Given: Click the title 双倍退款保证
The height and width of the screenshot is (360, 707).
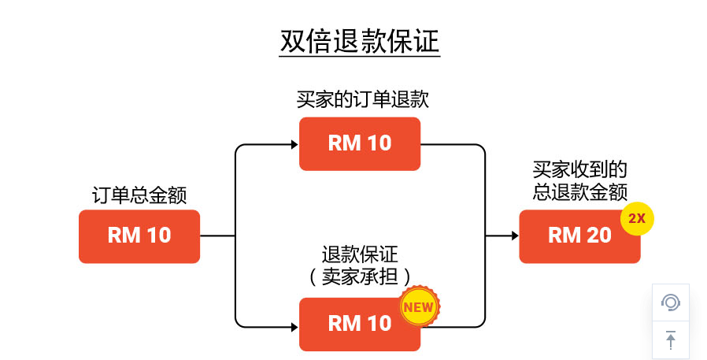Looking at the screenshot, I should coord(360,42).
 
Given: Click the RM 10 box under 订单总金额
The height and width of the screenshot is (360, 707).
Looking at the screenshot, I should coord(139,236).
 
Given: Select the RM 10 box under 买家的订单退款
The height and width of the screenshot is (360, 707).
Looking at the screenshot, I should coord(360,143).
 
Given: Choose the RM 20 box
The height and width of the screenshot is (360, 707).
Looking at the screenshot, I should coord(579,236).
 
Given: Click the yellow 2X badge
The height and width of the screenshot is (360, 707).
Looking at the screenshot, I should coord(637,219).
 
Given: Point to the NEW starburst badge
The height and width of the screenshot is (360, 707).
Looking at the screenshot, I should coord(419,307).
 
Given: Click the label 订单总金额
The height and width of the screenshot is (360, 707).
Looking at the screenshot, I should coord(139,195).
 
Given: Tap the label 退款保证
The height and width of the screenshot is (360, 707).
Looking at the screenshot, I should coord(360,255).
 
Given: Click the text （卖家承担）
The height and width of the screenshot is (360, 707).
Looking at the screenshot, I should coord(360,276).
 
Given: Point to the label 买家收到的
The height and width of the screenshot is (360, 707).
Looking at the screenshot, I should coord(579,170).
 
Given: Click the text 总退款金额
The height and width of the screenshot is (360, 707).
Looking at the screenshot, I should coord(579,191).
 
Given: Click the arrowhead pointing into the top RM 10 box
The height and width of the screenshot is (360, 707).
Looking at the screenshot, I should coord(293,144).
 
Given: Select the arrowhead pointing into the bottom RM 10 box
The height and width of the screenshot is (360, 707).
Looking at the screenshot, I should coord(293,324).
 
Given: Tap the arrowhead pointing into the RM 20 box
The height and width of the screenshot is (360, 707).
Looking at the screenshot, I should coord(513,236).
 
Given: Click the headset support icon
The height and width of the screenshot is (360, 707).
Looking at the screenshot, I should coord(670,302).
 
